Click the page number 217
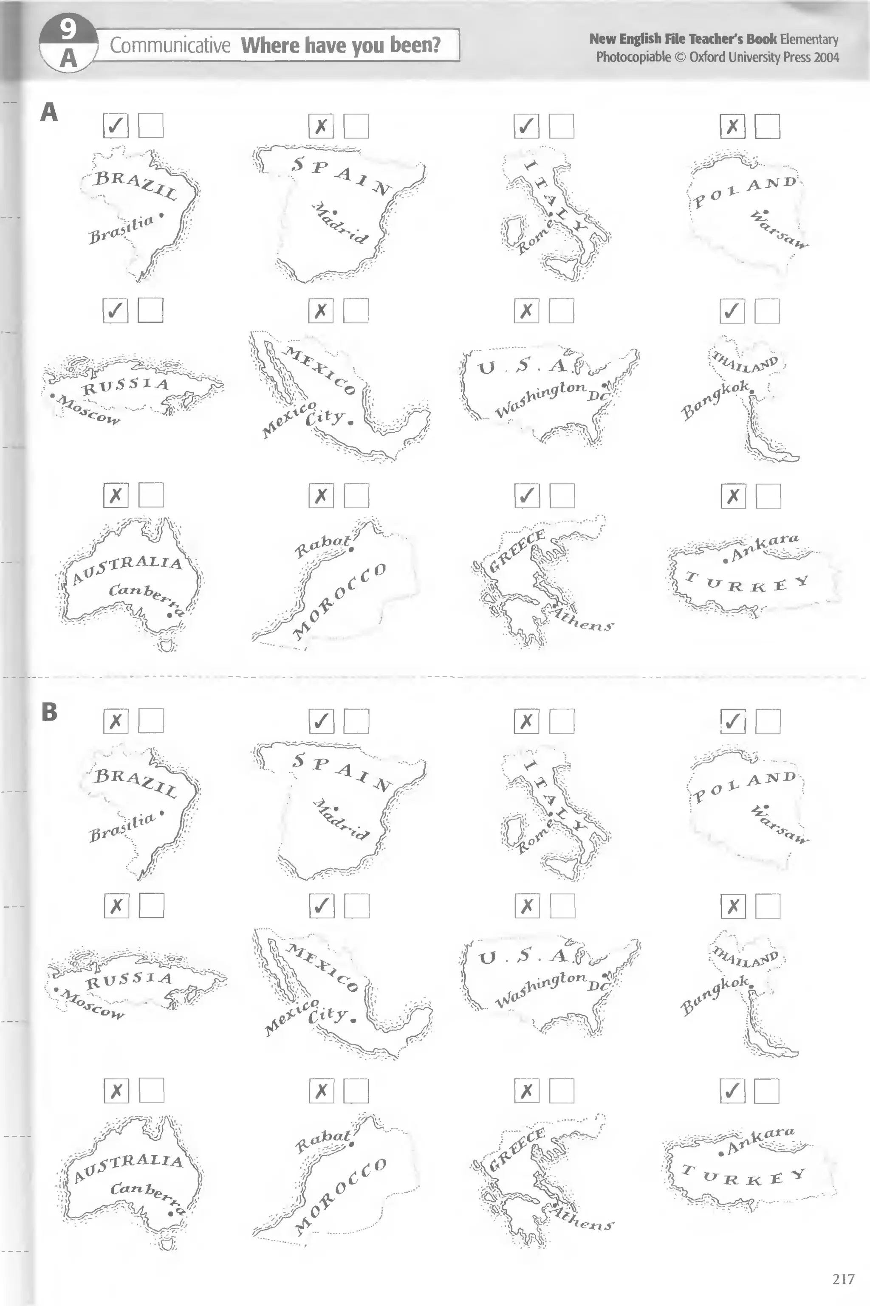[843, 1279]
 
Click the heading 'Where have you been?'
[341, 45]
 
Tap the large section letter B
[49, 712]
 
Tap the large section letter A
[49, 113]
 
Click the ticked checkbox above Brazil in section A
[116, 126]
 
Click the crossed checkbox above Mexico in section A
[321, 310]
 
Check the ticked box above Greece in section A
[527, 495]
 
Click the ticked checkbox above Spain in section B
[321, 721]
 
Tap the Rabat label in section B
[322, 1141]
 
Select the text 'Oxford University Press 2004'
[764, 57]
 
